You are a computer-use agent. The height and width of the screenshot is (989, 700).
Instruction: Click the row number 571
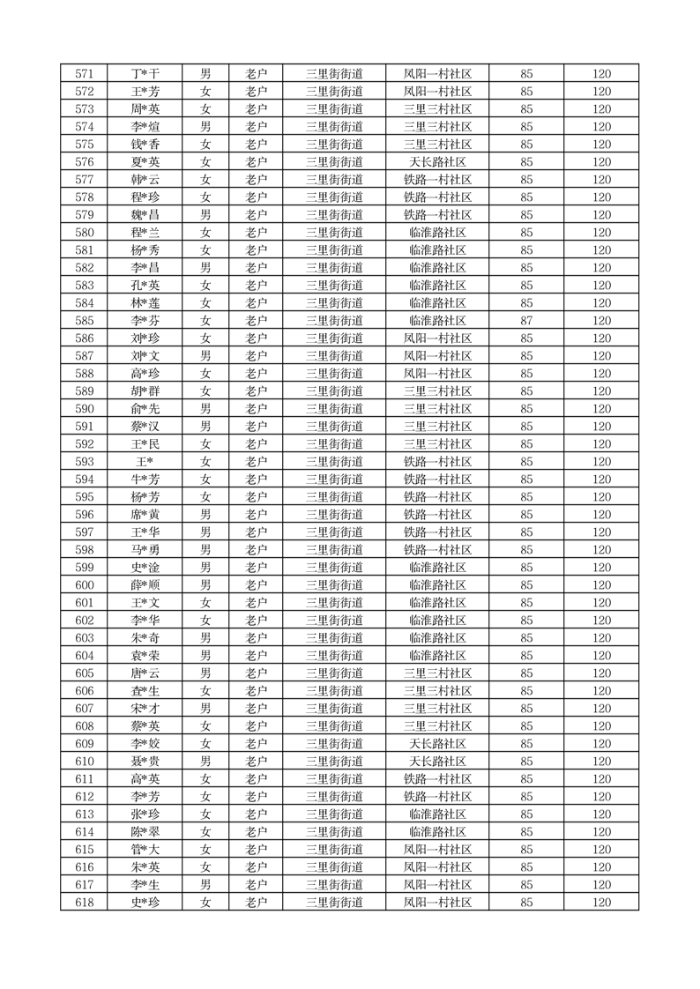point(85,74)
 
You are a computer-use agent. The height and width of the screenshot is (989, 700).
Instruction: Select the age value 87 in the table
point(526,321)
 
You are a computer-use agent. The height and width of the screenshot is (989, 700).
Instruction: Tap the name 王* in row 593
point(145,462)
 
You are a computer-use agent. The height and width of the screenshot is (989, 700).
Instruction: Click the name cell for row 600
point(145,585)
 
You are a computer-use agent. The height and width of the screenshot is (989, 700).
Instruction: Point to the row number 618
point(85,903)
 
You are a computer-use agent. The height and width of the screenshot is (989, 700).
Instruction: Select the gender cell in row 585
point(205,321)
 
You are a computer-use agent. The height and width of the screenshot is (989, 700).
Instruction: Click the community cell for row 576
point(437,162)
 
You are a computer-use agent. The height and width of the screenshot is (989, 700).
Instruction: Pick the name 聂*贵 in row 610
point(145,762)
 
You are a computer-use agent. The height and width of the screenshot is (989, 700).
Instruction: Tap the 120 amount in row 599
point(601,568)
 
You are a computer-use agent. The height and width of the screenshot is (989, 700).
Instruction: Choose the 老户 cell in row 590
point(256,409)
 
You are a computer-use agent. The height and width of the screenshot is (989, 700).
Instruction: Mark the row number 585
point(85,321)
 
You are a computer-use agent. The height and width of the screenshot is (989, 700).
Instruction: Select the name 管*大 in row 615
point(145,850)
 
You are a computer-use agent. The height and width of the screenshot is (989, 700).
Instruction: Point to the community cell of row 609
point(437,744)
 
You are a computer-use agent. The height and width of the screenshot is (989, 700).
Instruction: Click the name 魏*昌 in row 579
point(145,215)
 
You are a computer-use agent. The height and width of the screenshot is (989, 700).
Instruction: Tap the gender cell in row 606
point(205,691)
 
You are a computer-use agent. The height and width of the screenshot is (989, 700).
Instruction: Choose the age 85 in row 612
point(526,797)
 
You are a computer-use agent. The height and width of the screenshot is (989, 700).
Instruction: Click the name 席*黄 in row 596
point(145,515)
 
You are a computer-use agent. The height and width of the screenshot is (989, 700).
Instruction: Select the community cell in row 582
point(437,268)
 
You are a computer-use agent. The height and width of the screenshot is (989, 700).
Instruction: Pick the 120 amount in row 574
point(601,127)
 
